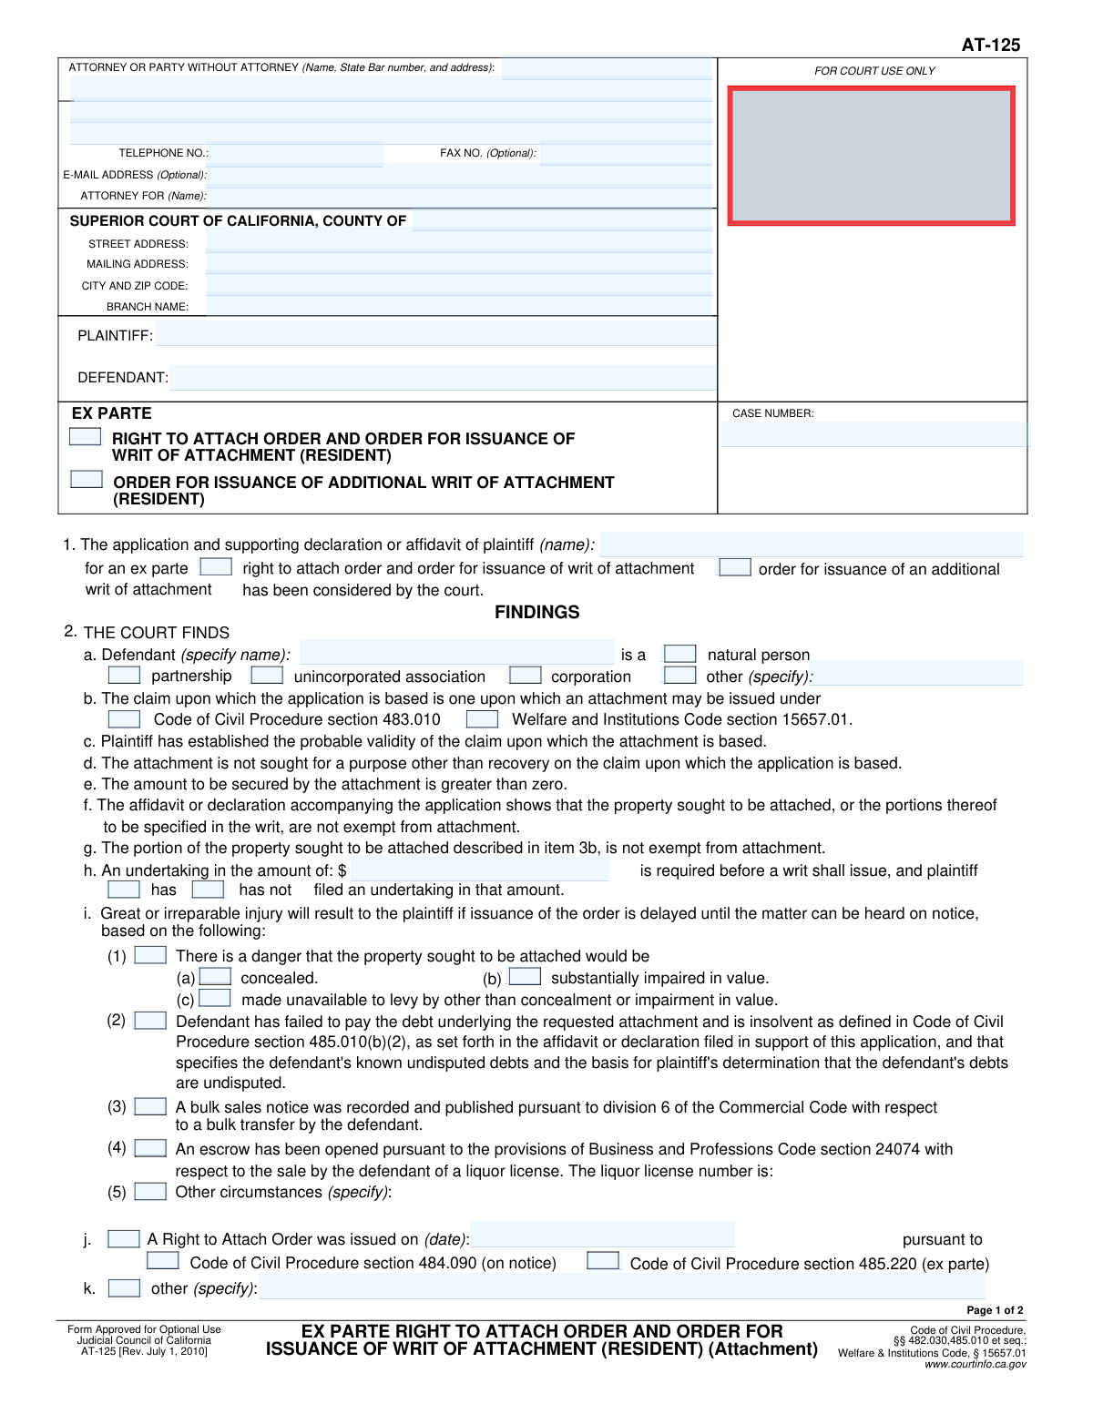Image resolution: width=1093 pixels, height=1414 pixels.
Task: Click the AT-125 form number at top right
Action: coord(990,45)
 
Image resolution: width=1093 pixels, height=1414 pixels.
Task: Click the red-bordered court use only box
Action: coord(871,156)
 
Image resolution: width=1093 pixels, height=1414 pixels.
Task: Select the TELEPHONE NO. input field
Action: coord(296,154)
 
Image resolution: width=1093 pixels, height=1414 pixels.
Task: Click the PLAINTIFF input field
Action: coord(435,335)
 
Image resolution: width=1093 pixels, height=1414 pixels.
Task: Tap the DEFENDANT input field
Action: coord(443,377)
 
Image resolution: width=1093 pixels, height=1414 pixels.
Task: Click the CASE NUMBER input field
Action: coord(873,434)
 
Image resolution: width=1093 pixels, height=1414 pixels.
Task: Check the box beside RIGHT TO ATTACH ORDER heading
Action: coord(86,437)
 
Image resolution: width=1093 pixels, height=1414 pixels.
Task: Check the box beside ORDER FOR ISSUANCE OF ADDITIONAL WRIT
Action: coord(87,479)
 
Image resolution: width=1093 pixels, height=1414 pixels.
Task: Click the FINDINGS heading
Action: coord(536,612)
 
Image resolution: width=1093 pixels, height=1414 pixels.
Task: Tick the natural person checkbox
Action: coord(679,654)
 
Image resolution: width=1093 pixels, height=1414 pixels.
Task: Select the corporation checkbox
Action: coord(525,676)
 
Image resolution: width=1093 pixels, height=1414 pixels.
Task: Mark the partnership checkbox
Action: coord(124,676)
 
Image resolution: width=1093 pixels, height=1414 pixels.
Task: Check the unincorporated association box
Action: coord(267,676)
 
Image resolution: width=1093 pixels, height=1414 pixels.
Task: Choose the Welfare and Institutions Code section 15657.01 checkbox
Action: coord(482,719)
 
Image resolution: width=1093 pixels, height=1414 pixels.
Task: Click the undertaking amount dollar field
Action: coord(479,870)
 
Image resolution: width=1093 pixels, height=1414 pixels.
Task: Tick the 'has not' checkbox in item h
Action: coord(208,890)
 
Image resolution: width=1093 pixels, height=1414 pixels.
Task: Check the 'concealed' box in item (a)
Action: coord(215,977)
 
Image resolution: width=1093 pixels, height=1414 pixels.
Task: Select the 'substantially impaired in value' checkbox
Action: coord(525,977)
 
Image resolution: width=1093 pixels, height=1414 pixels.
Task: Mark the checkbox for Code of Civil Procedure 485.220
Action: coord(603,1261)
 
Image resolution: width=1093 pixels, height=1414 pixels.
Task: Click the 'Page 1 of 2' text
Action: coord(995,1310)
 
